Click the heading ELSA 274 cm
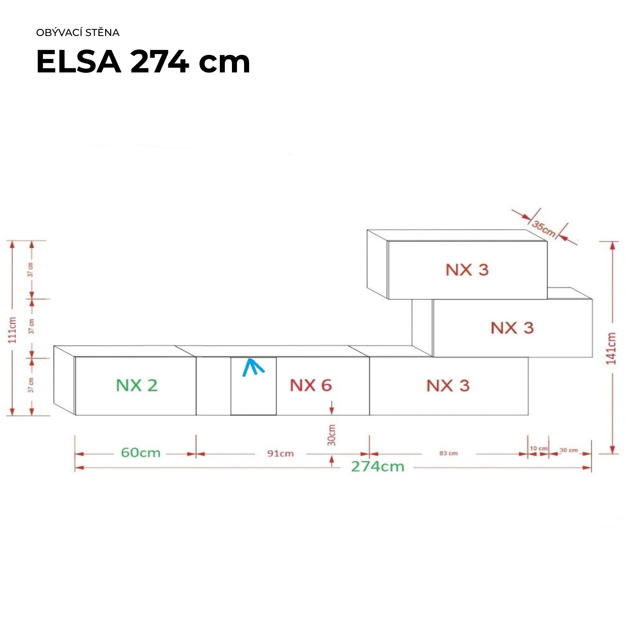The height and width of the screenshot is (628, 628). point(143,62)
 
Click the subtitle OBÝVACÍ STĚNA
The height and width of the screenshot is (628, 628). point(78,33)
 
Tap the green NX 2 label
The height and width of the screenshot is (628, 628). point(136,386)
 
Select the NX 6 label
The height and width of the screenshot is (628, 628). point(311,386)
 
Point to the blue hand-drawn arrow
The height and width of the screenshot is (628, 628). point(253,367)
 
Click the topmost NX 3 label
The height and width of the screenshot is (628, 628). point(467,270)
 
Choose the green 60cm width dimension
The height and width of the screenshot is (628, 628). point(141,453)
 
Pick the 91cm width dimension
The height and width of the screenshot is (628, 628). point(281,453)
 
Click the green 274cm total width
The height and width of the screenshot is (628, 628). point(378,466)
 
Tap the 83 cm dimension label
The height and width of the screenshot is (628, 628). point(448,453)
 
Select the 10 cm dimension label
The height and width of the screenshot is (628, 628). point(538,448)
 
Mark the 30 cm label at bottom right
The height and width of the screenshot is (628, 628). point(569,450)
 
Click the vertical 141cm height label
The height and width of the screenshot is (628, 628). point(612,348)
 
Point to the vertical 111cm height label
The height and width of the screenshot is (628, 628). point(13,330)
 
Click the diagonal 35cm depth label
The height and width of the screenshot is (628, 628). point(544,228)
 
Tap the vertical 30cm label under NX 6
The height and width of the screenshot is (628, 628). point(332,435)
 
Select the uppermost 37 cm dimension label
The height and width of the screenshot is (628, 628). point(31,270)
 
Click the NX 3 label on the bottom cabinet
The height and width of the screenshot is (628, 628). point(448,386)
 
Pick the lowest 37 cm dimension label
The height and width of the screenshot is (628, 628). point(31,385)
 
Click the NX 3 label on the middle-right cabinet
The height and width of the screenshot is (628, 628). point(512,328)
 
